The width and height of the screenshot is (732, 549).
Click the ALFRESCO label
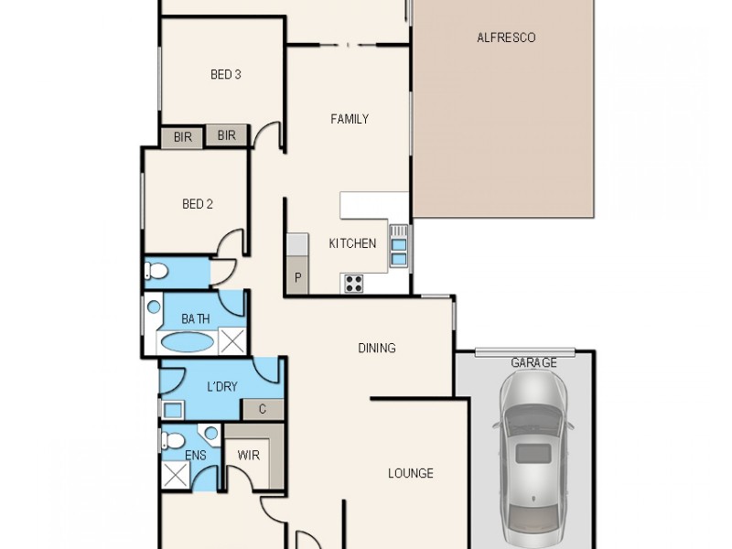(x=505, y=38)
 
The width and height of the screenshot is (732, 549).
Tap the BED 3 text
(x=225, y=75)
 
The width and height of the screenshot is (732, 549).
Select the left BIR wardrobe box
(x=182, y=136)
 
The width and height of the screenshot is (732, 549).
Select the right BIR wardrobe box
(x=226, y=136)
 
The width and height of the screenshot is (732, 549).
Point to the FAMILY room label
(x=350, y=119)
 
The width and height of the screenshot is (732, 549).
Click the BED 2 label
(x=197, y=204)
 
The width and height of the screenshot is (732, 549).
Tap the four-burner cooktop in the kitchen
(x=352, y=283)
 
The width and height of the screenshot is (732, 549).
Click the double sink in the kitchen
(x=399, y=245)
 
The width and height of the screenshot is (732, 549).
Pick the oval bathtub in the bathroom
(x=187, y=343)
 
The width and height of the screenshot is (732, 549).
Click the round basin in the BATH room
(x=154, y=307)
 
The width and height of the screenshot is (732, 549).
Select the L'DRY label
(x=221, y=387)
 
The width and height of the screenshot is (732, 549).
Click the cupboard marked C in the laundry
(x=263, y=409)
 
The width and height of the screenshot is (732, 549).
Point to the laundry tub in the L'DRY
(x=171, y=409)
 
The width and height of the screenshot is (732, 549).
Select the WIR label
(x=247, y=454)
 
